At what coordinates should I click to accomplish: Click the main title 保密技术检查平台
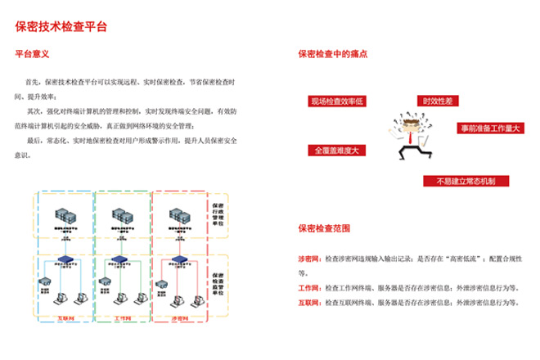(x=61, y=26)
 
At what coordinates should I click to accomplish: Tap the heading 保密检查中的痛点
(x=332, y=55)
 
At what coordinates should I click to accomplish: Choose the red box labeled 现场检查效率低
(x=336, y=101)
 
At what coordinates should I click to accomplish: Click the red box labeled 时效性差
(x=436, y=100)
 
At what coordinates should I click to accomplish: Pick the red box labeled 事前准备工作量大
(x=489, y=128)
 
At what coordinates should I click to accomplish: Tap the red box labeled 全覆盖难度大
(x=335, y=151)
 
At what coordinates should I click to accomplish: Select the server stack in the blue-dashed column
(x=65, y=216)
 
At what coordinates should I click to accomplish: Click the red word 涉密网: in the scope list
(x=311, y=259)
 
